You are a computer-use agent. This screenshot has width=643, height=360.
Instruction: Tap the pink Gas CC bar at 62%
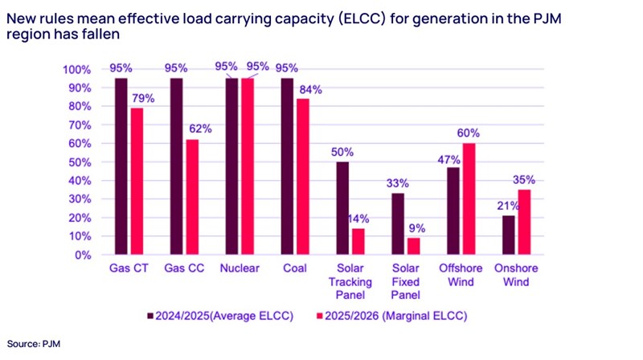pos(193,197)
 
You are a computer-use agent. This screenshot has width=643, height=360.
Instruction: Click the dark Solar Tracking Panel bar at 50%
pos(343,208)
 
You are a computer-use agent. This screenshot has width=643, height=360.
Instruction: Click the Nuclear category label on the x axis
pos(240,268)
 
